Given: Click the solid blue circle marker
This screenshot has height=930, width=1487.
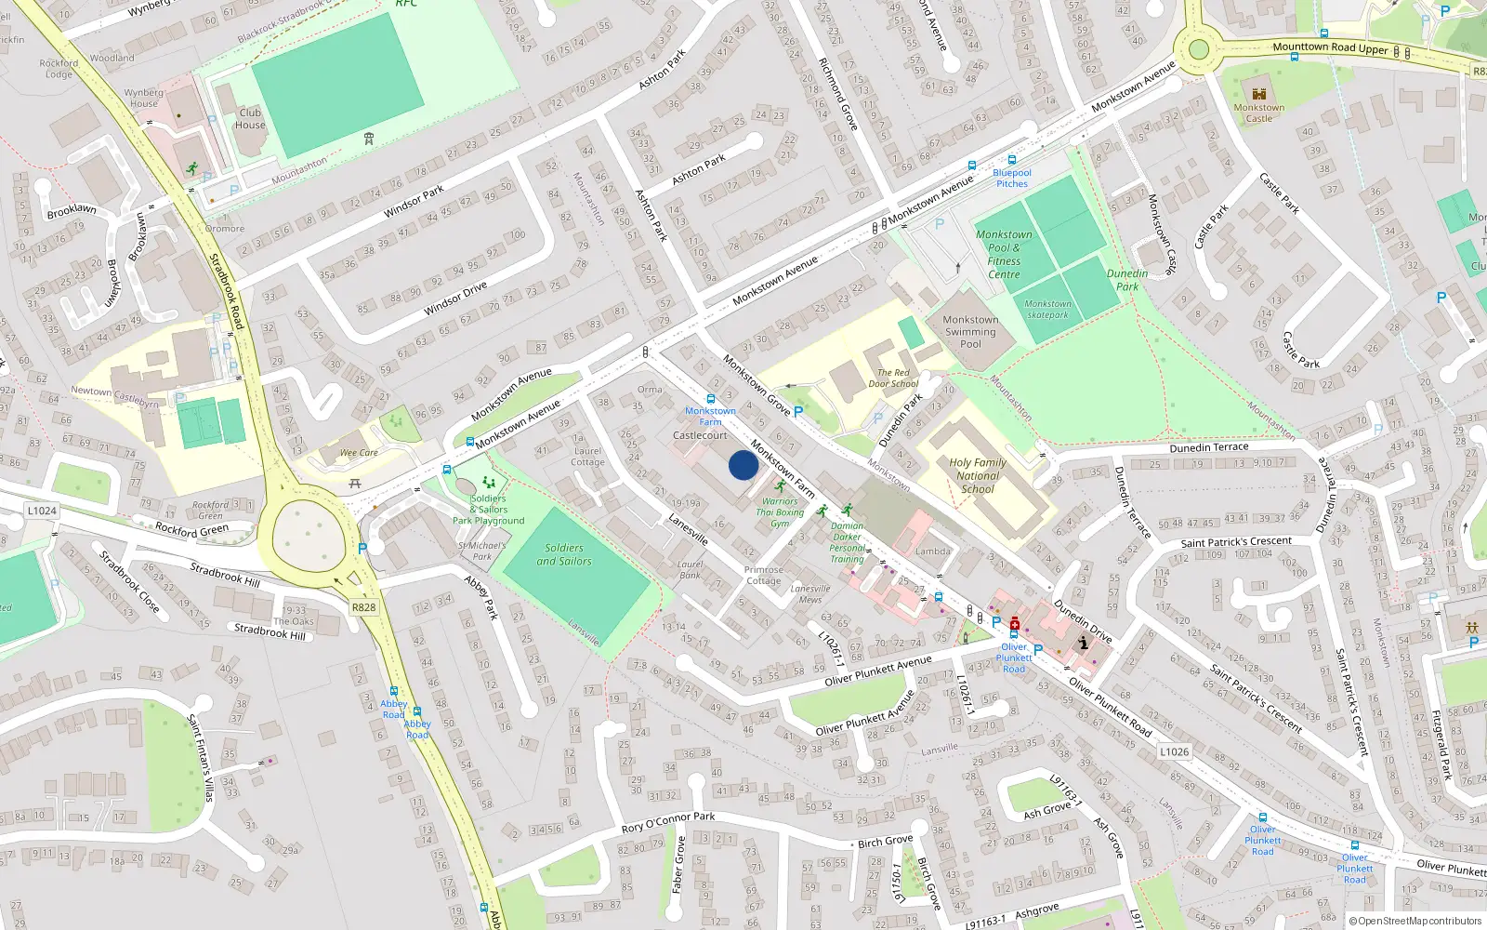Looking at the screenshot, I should [x=743, y=465].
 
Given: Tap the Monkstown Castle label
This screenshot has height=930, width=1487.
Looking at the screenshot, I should [x=1259, y=113].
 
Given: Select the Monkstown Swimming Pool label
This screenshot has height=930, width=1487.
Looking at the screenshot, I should [x=970, y=332].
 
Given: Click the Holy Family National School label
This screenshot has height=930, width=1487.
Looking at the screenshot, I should [x=978, y=475].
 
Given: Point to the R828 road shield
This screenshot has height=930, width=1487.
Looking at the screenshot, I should [x=363, y=607].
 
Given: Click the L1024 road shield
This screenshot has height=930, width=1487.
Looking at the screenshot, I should [x=42, y=511].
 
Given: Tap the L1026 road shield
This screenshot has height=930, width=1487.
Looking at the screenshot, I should [x=1174, y=751].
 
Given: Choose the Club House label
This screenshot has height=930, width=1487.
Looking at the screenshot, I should [x=250, y=119].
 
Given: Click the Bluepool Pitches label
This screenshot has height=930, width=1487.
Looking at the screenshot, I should [x=1012, y=178].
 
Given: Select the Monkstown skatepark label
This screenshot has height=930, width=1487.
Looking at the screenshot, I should [x=1048, y=310].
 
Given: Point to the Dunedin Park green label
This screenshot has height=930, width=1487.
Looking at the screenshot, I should [x=1127, y=280].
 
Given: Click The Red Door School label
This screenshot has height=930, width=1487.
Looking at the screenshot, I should [x=893, y=378].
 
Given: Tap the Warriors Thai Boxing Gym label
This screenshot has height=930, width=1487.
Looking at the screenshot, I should [x=780, y=512].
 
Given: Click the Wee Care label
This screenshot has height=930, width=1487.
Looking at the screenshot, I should [x=359, y=453].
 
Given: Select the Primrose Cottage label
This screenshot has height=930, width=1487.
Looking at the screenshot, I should [x=764, y=575].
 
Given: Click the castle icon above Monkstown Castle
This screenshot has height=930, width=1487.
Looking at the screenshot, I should [x=1259, y=94].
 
